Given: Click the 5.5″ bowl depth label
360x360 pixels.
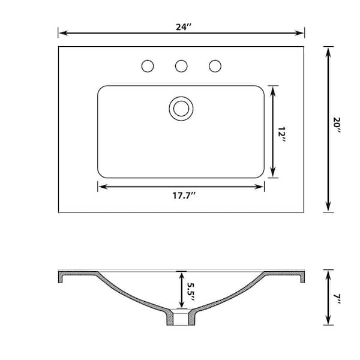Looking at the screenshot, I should [x=191, y=291].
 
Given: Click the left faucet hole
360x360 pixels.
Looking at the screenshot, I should [x=148, y=66].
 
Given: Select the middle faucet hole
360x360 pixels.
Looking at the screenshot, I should [x=181, y=66].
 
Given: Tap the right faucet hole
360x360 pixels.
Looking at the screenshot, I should [x=215, y=66].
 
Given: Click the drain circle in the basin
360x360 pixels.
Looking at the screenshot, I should [x=181, y=108].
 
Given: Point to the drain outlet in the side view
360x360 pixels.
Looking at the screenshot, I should [x=180, y=319].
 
